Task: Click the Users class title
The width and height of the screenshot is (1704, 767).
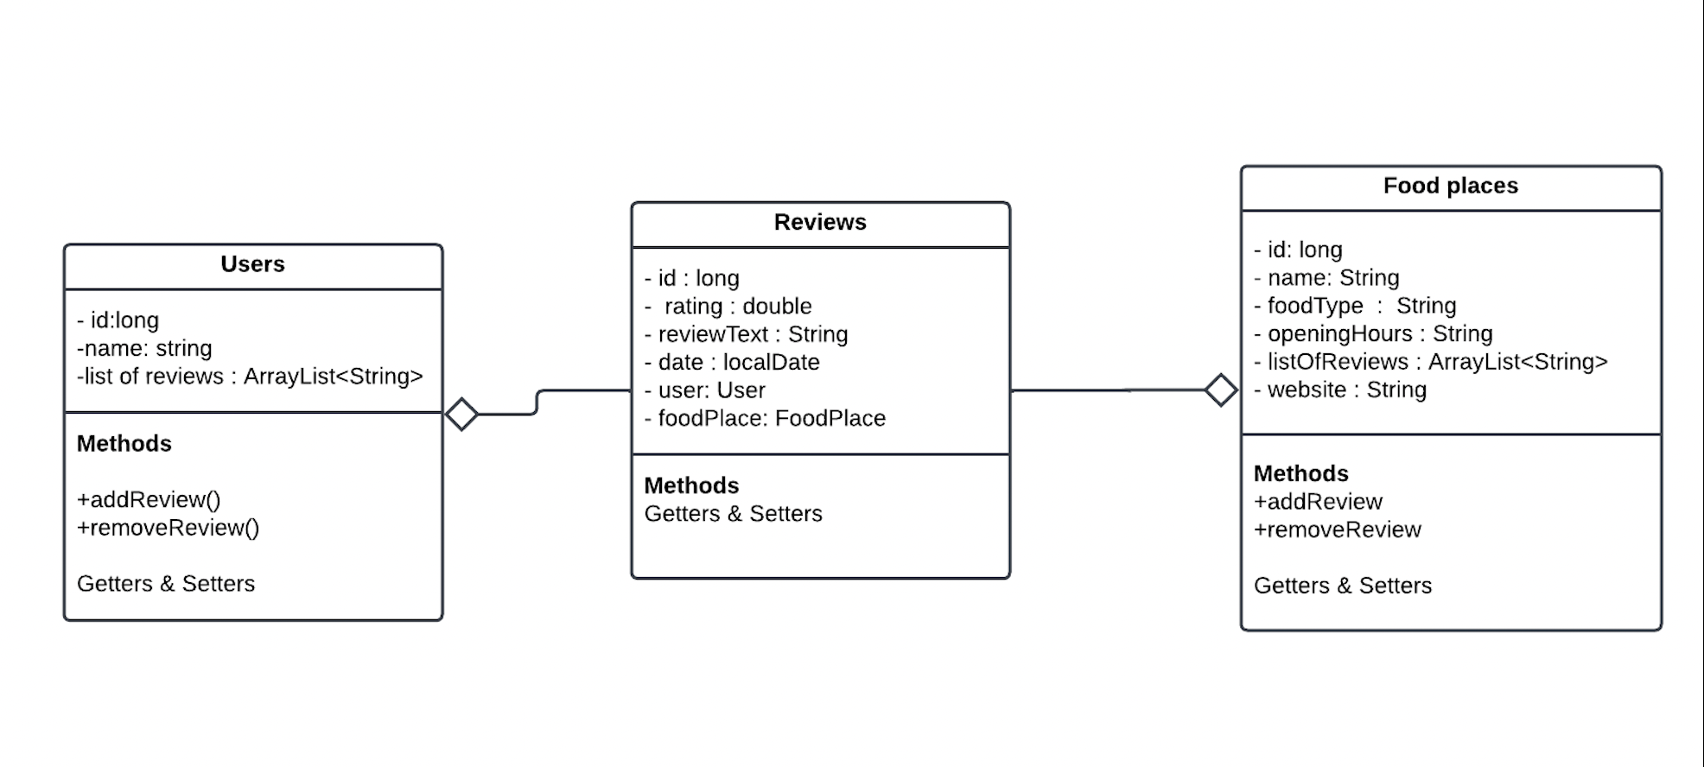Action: tap(252, 264)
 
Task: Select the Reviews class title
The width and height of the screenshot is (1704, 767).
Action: tap(820, 223)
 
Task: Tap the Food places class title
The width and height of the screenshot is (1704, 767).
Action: tap(1450, 186)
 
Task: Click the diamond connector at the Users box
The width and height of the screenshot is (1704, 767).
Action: tap(461, 415)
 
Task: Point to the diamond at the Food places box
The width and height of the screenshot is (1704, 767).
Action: tap(1221, 390)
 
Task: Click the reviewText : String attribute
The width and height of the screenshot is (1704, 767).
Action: tap(746, 334)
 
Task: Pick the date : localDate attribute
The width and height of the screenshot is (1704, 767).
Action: tap(732, 363)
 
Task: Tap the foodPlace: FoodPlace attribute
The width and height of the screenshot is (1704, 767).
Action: tap(765, 419)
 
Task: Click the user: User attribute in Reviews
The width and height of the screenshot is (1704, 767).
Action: tap(704, 390)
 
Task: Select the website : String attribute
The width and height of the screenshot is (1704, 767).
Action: tap(1339, 390)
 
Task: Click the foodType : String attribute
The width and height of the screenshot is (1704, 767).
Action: tap(1354, 306)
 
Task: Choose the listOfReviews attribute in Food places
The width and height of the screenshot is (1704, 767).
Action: tap(1430, 362)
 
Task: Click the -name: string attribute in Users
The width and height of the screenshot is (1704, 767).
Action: tap(144, 348)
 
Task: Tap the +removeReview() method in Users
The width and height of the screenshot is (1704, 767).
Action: tap(168, 528)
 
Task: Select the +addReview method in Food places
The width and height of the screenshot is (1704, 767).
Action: tap(1318, 502)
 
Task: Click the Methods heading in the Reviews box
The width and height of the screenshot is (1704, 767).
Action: tap(691, 485)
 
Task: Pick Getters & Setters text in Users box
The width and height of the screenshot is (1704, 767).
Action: tap(166, 584)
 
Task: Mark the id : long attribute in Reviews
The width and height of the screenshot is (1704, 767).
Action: tap(691, 278)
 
